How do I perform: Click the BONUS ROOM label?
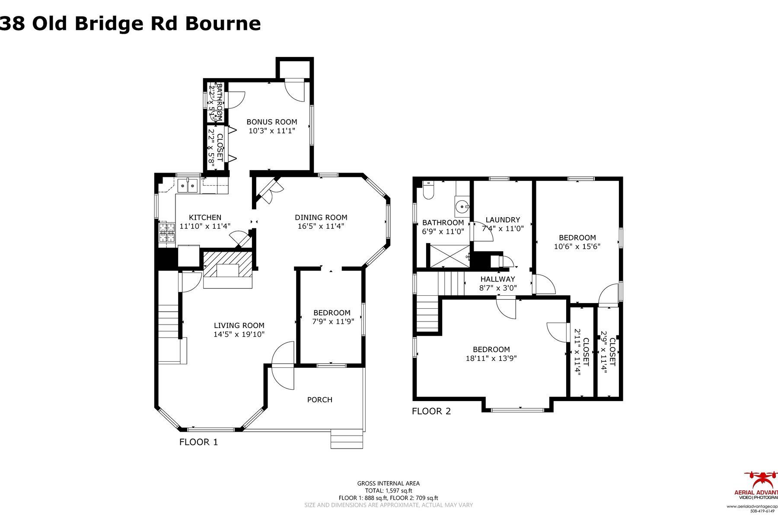pos(272,122)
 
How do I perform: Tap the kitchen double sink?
pos(188,186)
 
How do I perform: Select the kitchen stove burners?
pos(166,233)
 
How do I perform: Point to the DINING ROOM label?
pos(321,218)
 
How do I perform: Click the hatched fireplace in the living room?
pos(227,265)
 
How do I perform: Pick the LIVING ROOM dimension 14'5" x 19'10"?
pos(239,334)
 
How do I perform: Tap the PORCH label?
pos(320,400)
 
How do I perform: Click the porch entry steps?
pos(347,439)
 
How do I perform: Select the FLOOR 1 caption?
pos(199,442)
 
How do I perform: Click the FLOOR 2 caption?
pos(431,411)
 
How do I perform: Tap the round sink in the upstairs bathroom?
pos(462,207)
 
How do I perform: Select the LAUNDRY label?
pos(503,220)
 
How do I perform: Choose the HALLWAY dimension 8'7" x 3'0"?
pos(498,288)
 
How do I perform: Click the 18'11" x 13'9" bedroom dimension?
pos(491,358)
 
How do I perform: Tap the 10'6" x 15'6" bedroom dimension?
pos(577,246)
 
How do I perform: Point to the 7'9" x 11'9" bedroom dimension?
pos(332,321)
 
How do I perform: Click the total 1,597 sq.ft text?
pos(389,490)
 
